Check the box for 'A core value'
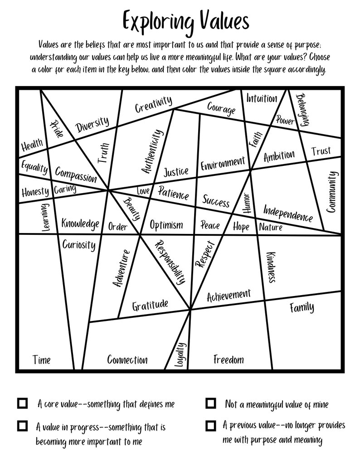22,403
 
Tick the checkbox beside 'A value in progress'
22,426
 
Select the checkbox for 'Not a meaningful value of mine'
210,403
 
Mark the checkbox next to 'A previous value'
210,426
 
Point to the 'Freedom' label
229,360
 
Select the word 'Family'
302,308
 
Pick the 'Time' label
41,360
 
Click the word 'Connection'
127,360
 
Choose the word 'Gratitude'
150,305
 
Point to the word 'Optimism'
166,225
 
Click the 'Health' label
32,146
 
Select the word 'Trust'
321,151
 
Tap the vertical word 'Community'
332,192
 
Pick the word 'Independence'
288,213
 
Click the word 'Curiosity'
79,245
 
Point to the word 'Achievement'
229,296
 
